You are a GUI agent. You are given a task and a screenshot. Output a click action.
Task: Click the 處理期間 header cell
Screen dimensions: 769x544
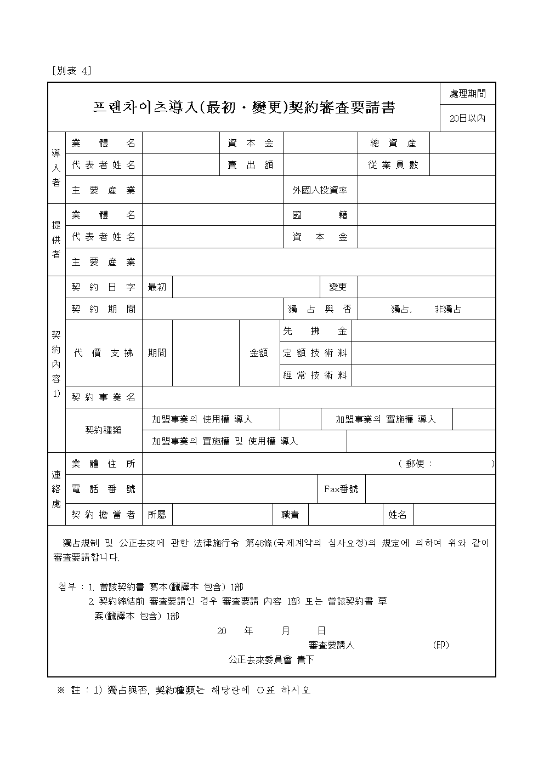point(467,94)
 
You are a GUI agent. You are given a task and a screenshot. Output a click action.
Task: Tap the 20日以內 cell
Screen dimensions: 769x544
point(467,118)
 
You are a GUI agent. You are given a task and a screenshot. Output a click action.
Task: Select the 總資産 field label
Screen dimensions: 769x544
point(393,143)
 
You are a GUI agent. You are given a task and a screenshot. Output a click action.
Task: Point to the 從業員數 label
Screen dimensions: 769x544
point(393,165)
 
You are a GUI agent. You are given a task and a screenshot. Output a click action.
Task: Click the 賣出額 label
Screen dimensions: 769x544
point(251,165)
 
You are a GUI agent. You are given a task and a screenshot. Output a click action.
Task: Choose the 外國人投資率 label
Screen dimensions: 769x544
point(320,190)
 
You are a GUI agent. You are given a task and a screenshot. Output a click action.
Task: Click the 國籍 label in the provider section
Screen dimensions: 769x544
point(320,215)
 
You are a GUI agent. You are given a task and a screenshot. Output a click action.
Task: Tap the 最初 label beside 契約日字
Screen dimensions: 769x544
point(157,287)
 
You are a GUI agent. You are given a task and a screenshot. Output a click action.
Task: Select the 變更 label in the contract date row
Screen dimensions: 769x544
point(338,287)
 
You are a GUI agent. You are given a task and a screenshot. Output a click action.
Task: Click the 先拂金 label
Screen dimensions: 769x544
point(315,331)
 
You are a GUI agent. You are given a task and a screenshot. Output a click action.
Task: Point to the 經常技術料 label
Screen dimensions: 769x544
point(315,375)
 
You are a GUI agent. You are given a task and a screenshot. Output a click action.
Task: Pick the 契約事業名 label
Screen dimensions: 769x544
point(104,397)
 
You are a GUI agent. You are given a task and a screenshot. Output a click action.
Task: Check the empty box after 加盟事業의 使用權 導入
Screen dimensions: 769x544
point(300,419)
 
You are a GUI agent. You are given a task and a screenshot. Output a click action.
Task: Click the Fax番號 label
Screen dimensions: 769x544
point(341,488)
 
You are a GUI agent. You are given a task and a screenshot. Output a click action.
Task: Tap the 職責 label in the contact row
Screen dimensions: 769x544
point(290,514)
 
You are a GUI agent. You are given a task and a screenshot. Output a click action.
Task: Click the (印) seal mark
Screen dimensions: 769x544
point(440,645)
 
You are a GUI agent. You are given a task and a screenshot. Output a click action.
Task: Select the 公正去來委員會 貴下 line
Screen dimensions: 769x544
point(271,659)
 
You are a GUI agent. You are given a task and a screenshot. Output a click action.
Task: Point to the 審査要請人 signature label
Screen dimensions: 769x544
point(331,645)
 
